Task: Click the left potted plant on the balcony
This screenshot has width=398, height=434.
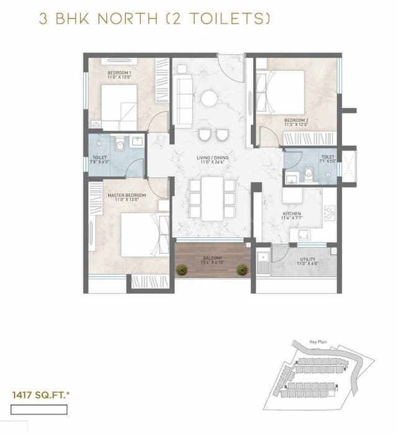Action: [x=182, y=270]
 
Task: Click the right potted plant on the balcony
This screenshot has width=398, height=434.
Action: [x=241, y=270]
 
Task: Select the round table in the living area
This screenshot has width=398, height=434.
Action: [x=209, y=98]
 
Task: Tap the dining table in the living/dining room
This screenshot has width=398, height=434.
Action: [x=212, y=198]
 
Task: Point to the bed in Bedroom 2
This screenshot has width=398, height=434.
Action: [x=280, y=92]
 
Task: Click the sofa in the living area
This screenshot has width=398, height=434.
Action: [x=184, y=93]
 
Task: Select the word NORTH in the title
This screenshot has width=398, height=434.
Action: [x=124, y=19]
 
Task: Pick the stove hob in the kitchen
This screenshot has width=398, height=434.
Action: [x=330, y=213]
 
